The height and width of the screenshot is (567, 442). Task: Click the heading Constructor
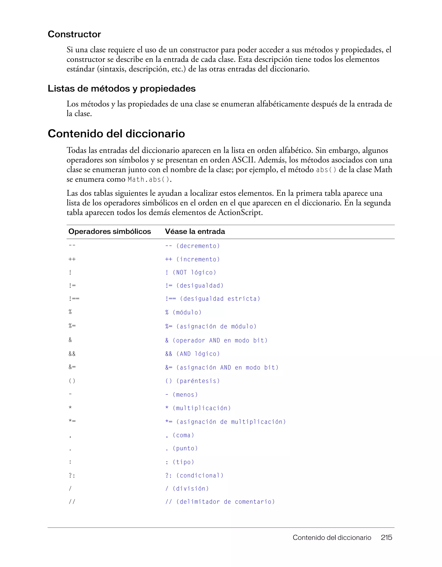pyautogui.click(x=74, y=34)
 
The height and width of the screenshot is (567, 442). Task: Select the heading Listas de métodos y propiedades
pyautogui.click(x=122, y=88)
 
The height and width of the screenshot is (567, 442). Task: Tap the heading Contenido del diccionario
pyautogui.click(x=116, y=134)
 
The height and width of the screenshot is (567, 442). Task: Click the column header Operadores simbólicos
pyautogui.click(x=110, y=231)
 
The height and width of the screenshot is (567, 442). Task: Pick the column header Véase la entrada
pyautogui.click(x=195, y=231)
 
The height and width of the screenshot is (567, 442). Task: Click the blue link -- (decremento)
pyautogui.click(x=193, y=246)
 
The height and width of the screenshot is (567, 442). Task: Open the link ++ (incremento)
pyautogui.click(x=193, y=259)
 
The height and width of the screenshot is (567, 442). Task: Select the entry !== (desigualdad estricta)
pyautogui.click(x=213, y=299)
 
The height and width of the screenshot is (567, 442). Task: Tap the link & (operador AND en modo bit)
pyautogui.click(x=216, y=340)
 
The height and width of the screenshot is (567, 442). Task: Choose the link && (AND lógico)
pyautogui.click(x=193, y=354)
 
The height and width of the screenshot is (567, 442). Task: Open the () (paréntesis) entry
pyautogui.click(x=193, y=381)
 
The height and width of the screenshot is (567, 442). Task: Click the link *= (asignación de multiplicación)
pyautogui.click(x=225, y=422)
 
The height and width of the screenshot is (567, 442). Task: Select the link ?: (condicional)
pyautogui.click(x=194, y=475)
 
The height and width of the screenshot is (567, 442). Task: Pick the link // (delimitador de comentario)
pyautogui.click(x=220, y=502)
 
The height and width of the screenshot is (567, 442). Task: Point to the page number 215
pyautogui.click(x=386, y=537)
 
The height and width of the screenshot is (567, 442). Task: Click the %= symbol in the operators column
pyautogui.click(x=72, y=326)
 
